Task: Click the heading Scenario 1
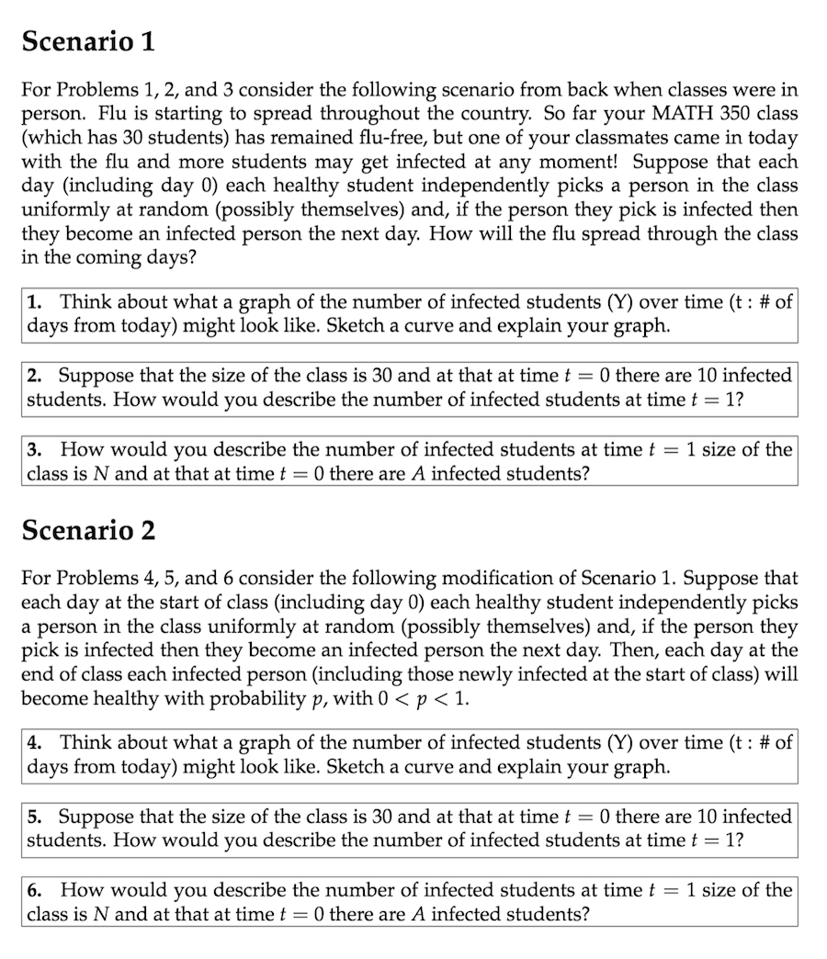click(x=88, y=41)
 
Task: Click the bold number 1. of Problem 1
click(x=34, y=302)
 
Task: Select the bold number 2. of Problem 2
click(x=34, y=376)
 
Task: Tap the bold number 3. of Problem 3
click(x=34, y=449)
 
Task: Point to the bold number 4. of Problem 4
click(x=34, y=743)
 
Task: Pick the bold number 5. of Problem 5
click(x=34, y=817)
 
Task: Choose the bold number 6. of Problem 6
click(x=34, y=890)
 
